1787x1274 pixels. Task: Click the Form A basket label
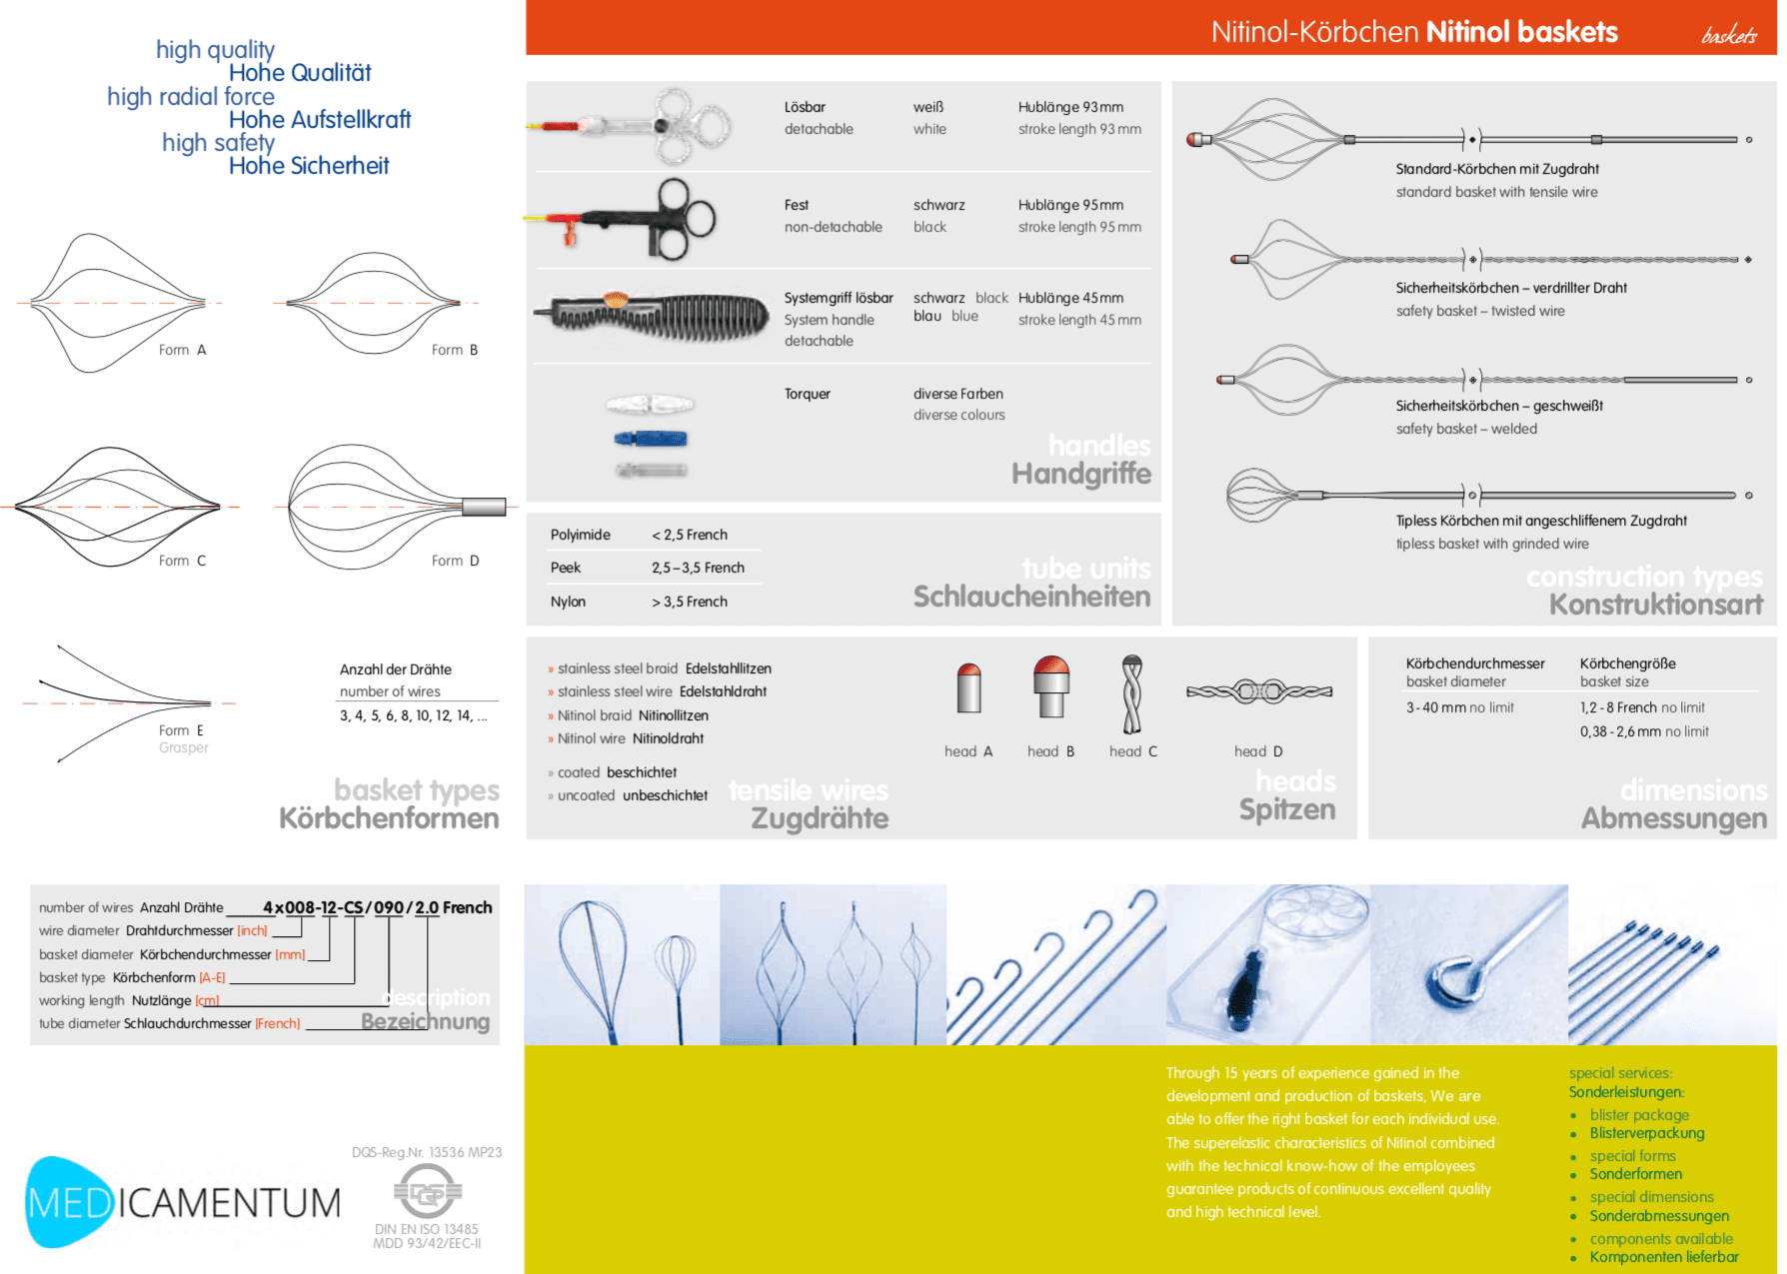182,350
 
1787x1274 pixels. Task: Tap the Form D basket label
455,561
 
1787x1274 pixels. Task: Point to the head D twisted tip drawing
1258,691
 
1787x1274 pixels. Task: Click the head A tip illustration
968,688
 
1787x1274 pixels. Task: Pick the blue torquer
650,438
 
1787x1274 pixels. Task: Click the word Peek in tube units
565,568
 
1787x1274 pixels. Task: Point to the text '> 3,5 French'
690,602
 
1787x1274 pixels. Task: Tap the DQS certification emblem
428,1192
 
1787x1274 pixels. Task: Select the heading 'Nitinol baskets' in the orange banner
1521,32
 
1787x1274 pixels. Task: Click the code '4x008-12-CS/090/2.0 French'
377,907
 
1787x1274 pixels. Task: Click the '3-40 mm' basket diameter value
1436,707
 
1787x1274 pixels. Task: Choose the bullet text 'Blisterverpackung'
1647,1133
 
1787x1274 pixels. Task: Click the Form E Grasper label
182,738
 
